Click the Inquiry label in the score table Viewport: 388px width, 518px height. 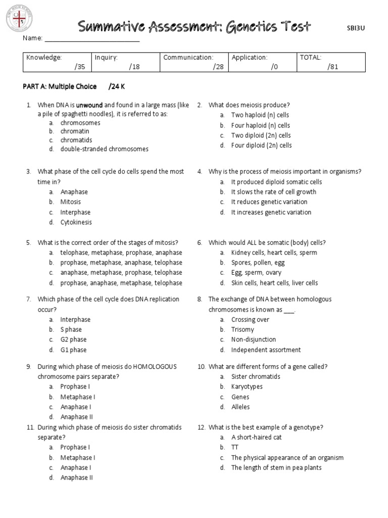tap(106, 58)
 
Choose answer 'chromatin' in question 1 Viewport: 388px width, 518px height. tap(75, 132)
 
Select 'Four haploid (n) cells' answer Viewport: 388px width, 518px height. tap(261, 125)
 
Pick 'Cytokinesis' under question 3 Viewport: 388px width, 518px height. tap(76, 222)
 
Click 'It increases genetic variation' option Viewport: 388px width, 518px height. tap(271, 212)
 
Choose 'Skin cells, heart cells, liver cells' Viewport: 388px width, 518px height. tap(274, 283)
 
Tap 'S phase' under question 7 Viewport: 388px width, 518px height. tap(71, 330)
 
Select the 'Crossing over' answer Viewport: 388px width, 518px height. tap(250, 320)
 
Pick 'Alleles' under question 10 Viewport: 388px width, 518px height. tap(240, 407)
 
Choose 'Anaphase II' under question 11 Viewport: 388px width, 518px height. tap(77, 478)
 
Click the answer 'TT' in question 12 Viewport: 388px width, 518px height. tap(235, 448)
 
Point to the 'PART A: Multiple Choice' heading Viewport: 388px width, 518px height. tap(60, 87)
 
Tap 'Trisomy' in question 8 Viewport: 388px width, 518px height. tap(243, 330)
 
